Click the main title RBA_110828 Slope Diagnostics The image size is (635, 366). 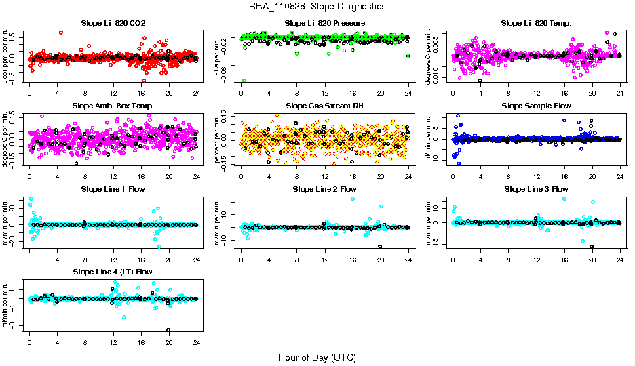click(x=317, y=7)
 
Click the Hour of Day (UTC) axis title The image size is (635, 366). click(x=317, y=357)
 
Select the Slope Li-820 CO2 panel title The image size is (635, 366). click(x=113, y=24)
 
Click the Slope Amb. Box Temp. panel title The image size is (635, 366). click(x=113, y=106)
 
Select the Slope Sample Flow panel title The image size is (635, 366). click(x=536, y=106)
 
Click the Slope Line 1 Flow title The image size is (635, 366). click(x=113, y=189)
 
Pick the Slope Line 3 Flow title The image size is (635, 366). click(x=536, y=189)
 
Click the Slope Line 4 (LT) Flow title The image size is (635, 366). click(x=113, y=272)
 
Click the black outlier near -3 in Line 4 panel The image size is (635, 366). click(x=168, y=330)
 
